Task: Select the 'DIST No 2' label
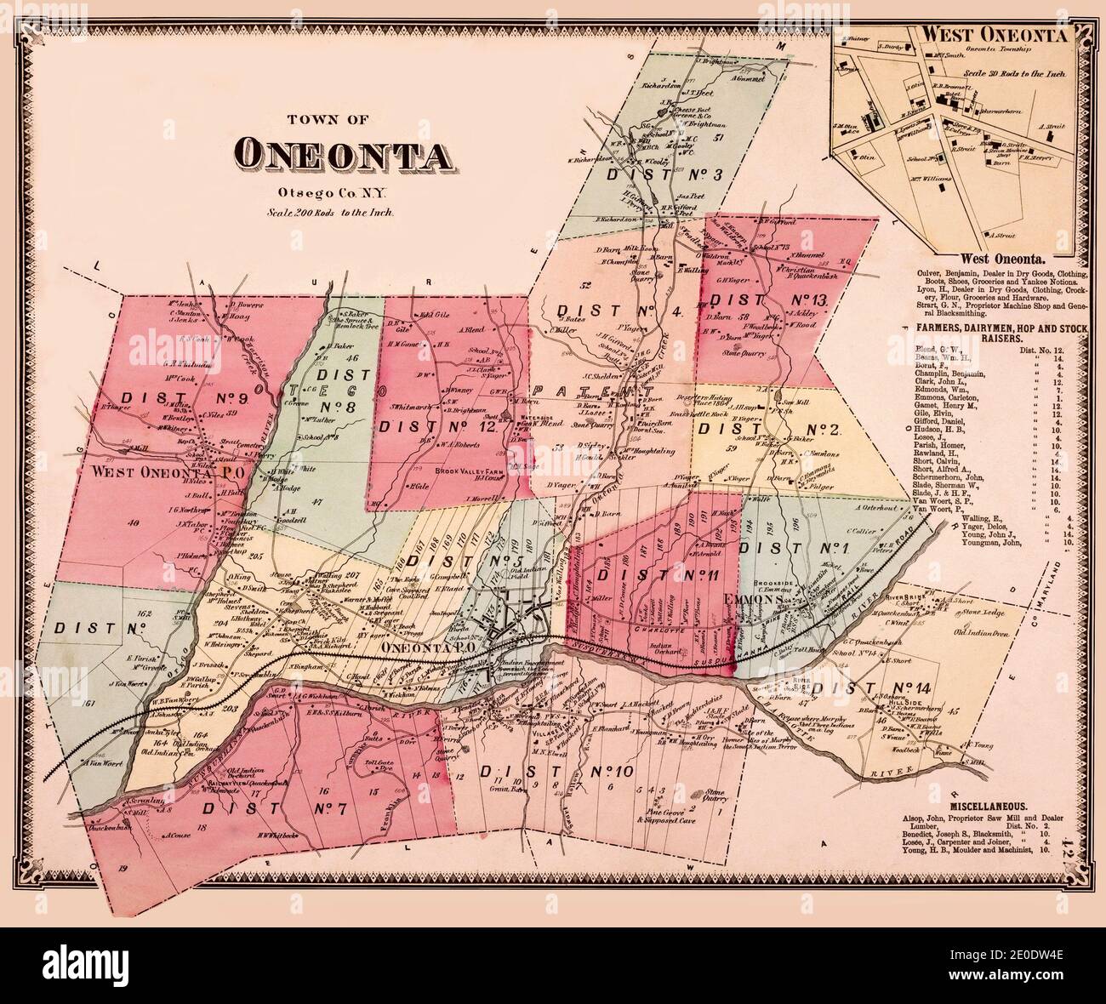[x=768, y=430]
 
